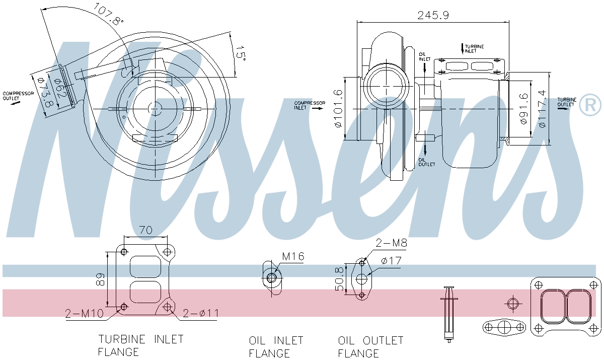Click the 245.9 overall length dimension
[x=433, y=15]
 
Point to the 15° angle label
[x=241, y=53]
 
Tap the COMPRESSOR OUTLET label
[x=18, y=96]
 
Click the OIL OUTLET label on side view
[x=426, y=162]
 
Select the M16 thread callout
[x=293, y=257]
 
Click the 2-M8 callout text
[x=391, y=243]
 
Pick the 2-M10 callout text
[x=84, y=314]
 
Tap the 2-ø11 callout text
[x=200, y=314]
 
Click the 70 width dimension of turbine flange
[x=145, y=231]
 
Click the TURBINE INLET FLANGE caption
[x=140, y=345]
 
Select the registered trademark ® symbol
[x=590, y=105]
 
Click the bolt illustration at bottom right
[x=448, y=314]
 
